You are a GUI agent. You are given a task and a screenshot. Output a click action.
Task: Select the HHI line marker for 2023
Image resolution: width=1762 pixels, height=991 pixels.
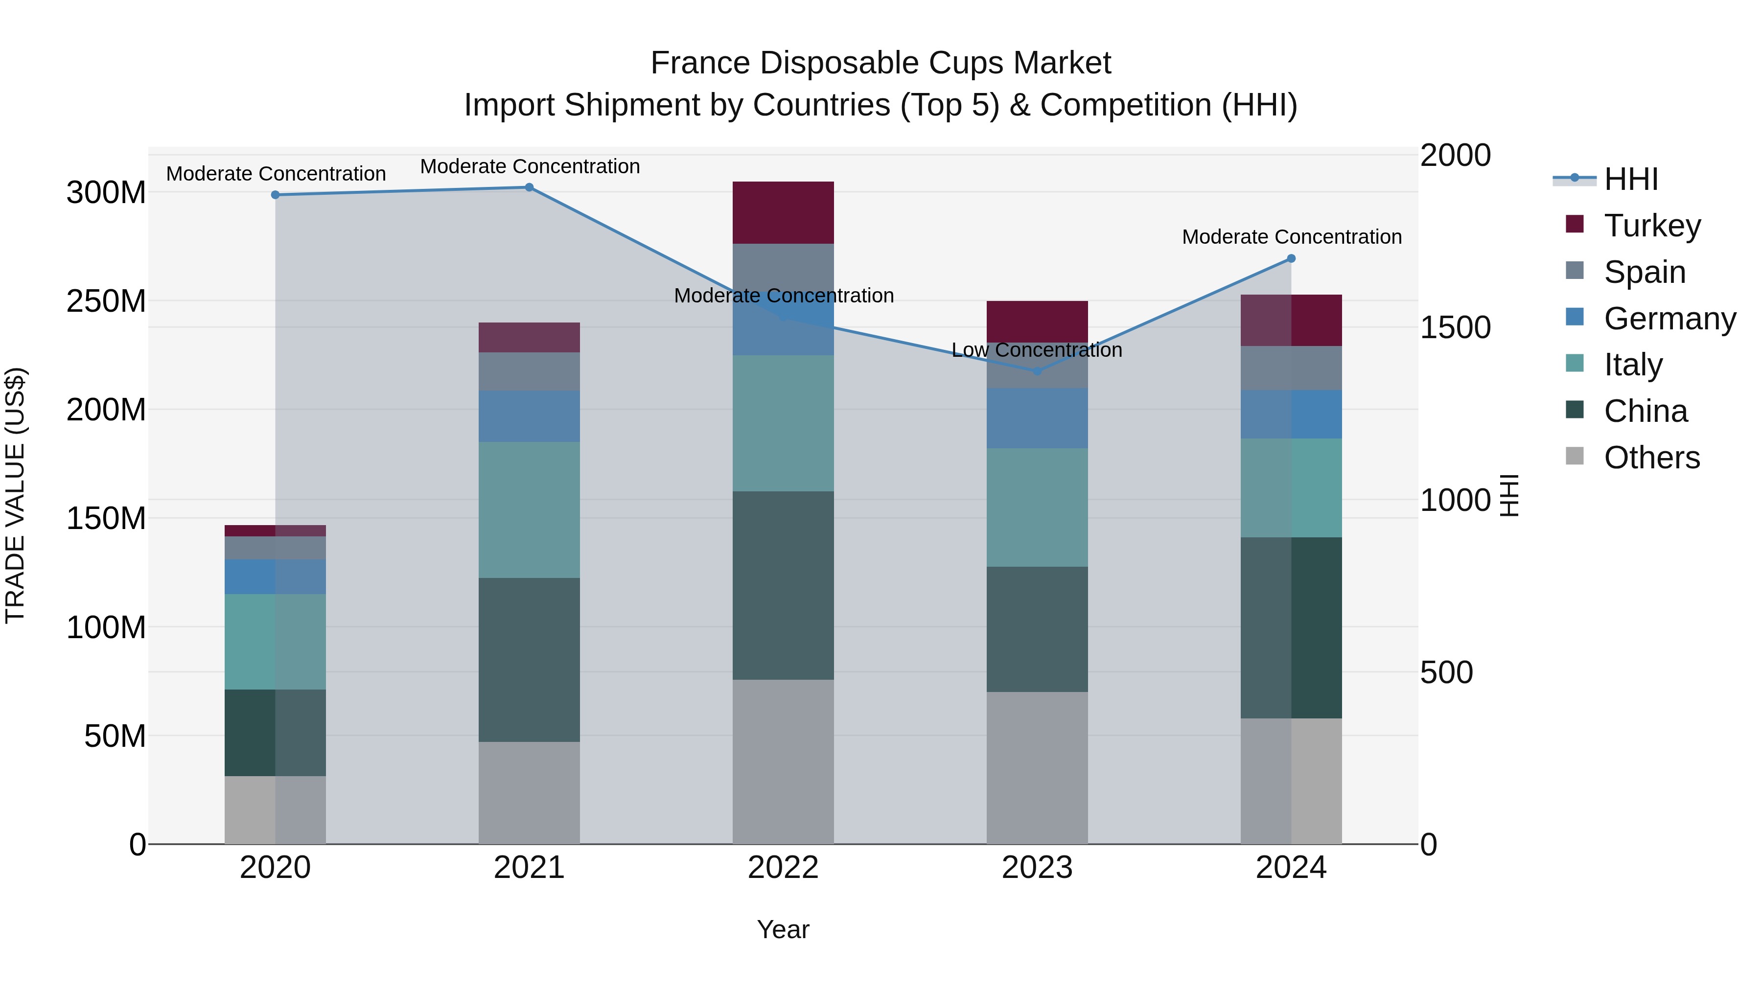tap(1037, 371)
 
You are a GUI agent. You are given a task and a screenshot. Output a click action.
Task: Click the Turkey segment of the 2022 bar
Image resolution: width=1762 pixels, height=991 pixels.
tap(783, 213)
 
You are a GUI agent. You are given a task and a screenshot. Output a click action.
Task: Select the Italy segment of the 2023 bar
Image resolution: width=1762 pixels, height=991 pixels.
tap(1037, 507)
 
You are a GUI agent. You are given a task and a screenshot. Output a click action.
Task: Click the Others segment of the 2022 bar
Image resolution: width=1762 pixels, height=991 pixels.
tap(783, 762)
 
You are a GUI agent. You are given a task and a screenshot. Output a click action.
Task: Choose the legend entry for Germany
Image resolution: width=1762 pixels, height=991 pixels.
tap(1669, 319)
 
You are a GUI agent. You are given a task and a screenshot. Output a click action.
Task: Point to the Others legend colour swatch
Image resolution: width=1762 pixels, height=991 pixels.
tap(1574, 456)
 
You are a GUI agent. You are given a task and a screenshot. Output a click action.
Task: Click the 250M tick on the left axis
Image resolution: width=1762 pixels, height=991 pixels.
tap(106, 301)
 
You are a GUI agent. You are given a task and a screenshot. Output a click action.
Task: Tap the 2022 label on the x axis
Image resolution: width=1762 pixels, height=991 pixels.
tap(783, 868)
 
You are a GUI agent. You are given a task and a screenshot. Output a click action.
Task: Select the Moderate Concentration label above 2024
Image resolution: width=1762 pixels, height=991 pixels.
tap(1292, 237)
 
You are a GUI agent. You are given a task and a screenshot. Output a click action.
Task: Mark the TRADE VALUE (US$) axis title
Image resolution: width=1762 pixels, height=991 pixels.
tap(15, 495)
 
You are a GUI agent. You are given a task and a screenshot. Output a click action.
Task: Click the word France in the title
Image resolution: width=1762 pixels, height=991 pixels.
tap(700, 64)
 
